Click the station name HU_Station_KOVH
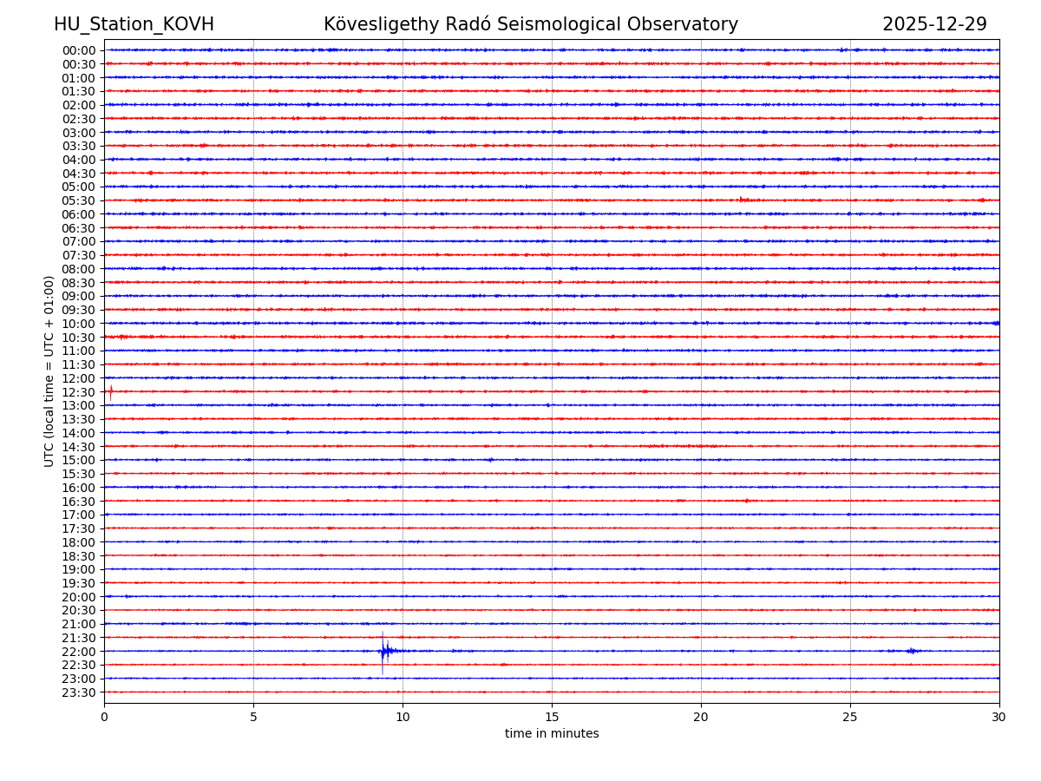134,24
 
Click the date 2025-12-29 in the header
934,24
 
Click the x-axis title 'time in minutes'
552,733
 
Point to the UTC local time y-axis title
49,371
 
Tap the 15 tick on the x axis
552,717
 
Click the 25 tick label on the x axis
850,717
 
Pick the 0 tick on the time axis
104,717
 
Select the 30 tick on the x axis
999,717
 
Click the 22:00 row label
79,652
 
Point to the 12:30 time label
79,392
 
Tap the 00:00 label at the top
79,50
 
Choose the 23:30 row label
79,692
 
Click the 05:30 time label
79,200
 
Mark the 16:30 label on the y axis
79,502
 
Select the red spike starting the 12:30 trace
110,391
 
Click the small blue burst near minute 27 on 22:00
911,651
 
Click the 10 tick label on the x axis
403,717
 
